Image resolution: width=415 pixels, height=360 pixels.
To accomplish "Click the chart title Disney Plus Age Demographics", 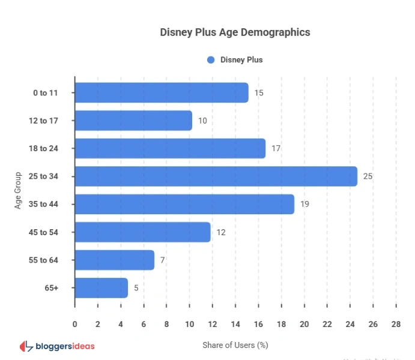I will point(235,32).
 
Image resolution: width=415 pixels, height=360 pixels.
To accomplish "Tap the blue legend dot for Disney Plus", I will point(211,60).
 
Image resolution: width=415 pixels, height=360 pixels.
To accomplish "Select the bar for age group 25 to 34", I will point(216,176).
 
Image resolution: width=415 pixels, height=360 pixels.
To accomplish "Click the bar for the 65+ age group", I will point(101,288).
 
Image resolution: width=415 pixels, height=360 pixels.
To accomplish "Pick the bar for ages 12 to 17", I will point(133,121).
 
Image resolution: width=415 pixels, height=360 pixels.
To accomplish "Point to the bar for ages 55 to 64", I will point(115,260).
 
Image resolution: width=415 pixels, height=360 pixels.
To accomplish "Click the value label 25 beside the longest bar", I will point(368,176).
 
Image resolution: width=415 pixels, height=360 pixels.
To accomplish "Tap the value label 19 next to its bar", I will point(304,204).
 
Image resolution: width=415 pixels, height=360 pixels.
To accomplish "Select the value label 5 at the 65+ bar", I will point(136,288).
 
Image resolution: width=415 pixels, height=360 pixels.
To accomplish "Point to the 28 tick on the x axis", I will point(395,325).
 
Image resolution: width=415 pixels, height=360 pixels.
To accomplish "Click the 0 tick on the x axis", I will point(75,325).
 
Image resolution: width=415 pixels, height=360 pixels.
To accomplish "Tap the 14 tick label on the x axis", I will point(235,325).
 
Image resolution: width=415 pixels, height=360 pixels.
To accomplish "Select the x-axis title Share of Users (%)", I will point(235,345).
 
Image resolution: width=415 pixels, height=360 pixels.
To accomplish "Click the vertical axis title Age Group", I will point(19,190).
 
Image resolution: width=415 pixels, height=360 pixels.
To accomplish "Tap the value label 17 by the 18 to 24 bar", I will point(276,148).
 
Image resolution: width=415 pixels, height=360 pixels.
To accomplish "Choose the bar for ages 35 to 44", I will point(184,204).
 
